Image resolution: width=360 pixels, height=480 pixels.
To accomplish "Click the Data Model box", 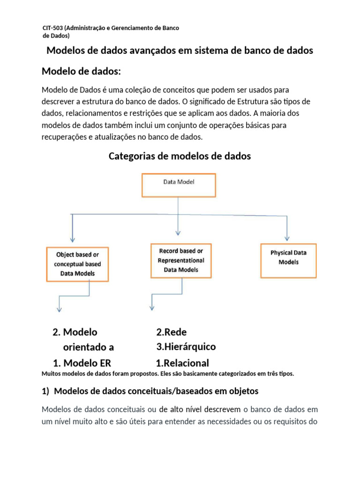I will pos(178,185).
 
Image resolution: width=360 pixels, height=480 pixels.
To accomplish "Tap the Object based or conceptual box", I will pos(77,264).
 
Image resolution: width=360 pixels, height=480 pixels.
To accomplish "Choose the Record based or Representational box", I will pos(180,260).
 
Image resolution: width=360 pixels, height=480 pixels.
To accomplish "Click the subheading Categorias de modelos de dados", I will pos(180,156).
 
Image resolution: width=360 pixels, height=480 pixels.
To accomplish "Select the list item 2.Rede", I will pos(172,332).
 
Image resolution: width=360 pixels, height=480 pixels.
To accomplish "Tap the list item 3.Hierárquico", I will pos(186,347).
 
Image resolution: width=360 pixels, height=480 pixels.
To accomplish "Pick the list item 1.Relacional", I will pos(182,363).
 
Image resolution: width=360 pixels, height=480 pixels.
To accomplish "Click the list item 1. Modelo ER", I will pos(82,363).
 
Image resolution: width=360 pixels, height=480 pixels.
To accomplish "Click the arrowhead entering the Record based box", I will pos(178,232).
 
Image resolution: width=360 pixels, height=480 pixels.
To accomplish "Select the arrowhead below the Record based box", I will pos(151,309).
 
